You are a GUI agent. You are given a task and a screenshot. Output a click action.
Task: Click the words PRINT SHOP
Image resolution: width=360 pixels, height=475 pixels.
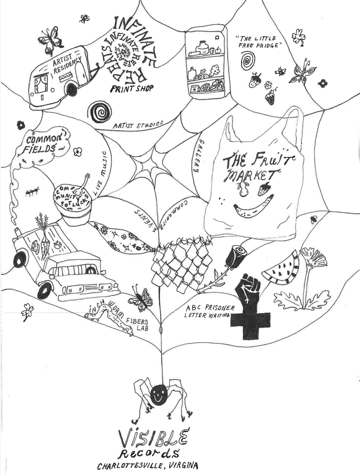(x=132, y=88)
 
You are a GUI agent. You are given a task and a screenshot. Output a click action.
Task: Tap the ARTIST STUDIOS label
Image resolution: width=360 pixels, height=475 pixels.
(x=138, y=125)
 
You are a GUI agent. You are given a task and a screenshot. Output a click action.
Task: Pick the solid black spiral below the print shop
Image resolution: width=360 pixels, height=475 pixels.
(x=100, y=112)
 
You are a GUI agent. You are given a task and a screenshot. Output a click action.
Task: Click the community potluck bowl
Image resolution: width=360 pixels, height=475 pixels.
(x=77, y=204)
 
